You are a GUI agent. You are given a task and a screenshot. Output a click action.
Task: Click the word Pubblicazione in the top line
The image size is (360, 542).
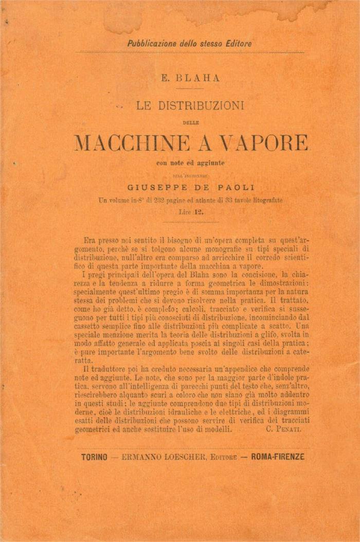pyautogui.click(x=152, y=44)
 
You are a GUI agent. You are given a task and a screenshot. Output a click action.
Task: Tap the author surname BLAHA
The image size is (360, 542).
pyautogui.click(x=198, y=78)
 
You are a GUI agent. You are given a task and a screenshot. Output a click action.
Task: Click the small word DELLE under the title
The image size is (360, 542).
pyautogui.click(x=191, y=122)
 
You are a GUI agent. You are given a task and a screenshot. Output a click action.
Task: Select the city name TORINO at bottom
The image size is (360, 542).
pyautogui.click(x=94, y=457)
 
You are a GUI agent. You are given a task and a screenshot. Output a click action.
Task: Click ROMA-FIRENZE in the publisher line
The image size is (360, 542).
pyautogui.click(x=278, y=457)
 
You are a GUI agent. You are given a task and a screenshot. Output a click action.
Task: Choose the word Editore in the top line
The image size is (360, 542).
pyautogui.click(x=238, y=44)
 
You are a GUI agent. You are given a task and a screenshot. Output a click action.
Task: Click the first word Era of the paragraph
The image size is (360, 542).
pyautogui.click(x=89, y=240)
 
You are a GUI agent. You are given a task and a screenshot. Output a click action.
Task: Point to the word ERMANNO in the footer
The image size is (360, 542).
pyautogui.click(x=141, y=457)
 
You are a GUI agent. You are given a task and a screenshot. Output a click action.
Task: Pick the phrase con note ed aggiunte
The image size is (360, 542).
pyautogui.click(x=191, y=164)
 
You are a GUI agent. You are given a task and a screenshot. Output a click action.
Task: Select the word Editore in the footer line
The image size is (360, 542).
pyautogui.click(x=222, y=457)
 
